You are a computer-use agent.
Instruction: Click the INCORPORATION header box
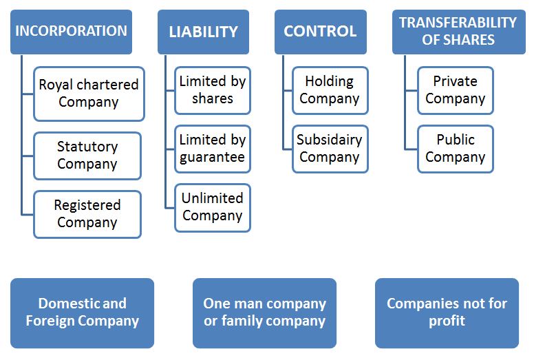[x=71, y=32]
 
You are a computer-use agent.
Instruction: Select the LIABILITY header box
[x=203, y=32]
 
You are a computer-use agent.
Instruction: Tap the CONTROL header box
[x=320, y=32]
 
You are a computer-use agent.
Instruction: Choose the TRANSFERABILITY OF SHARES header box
[x=458, y=32]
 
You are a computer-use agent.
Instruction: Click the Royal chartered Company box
[x=89, y=94]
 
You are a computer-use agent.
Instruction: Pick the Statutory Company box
[x=87, y=156]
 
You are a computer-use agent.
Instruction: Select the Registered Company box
[x=87, y=214]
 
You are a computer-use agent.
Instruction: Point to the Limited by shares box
[x=212, y=90]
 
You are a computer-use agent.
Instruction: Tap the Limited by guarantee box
[x=212, y=149]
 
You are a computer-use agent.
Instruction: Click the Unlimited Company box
[x=212, y=207]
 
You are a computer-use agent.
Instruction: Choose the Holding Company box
[x=329, y=90]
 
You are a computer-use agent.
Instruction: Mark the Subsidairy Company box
[x=329, y=149]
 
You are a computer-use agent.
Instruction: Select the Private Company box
[x=455, y=90]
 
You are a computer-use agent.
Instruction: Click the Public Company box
[x=455, y=149]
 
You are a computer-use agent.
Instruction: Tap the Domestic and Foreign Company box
[x=83, y=313]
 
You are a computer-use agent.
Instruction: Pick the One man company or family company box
[x=264, y=313]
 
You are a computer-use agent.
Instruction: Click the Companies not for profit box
[x=447, y=313]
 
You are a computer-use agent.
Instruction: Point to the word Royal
[x=54, y=85]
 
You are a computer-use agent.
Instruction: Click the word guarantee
[x=212, y=158]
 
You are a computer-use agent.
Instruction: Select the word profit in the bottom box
[x=447, y=321]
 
